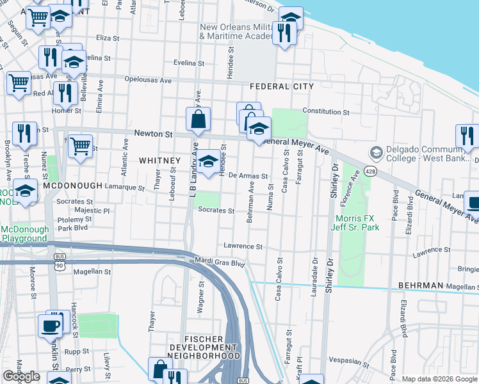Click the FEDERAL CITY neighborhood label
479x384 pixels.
coord(282,86)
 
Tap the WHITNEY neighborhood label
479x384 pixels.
coord(160,161)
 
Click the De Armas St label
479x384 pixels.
coord(248,175)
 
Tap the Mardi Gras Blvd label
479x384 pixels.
coord(220,262)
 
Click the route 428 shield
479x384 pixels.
coord(370,172)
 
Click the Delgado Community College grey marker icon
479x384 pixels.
coord(377,152)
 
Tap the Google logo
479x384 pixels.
coord(22,377)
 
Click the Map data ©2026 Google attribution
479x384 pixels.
coord(439,379)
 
